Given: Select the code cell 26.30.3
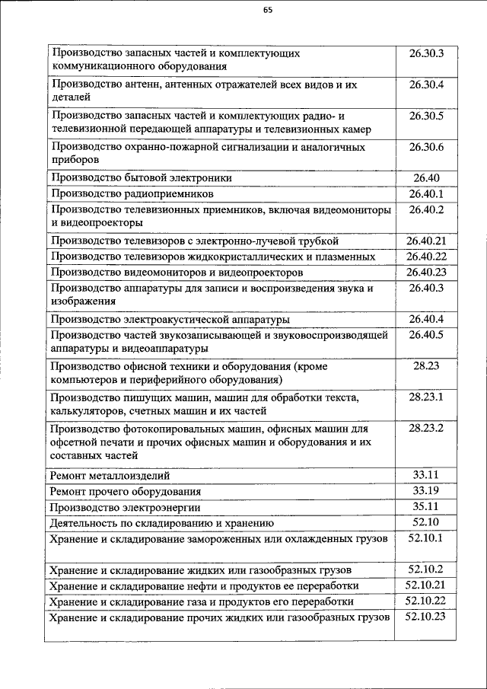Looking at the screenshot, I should coord(425,53).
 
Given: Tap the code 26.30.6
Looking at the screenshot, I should coord(425,146).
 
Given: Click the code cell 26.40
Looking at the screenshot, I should coord(425,178).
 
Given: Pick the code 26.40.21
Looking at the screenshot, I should coord(425,241).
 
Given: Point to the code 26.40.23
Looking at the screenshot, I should coord(425,272).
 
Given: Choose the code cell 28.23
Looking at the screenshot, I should coord(425,366).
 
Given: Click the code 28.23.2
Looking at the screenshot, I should coord(425,429).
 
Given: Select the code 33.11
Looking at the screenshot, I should coord(425,475).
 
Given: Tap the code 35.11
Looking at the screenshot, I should coord(425,506).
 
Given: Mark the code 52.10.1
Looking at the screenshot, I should coord(425,538).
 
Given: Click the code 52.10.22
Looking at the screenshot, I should coord(425,601).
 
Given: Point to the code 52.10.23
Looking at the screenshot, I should coord(425,617).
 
